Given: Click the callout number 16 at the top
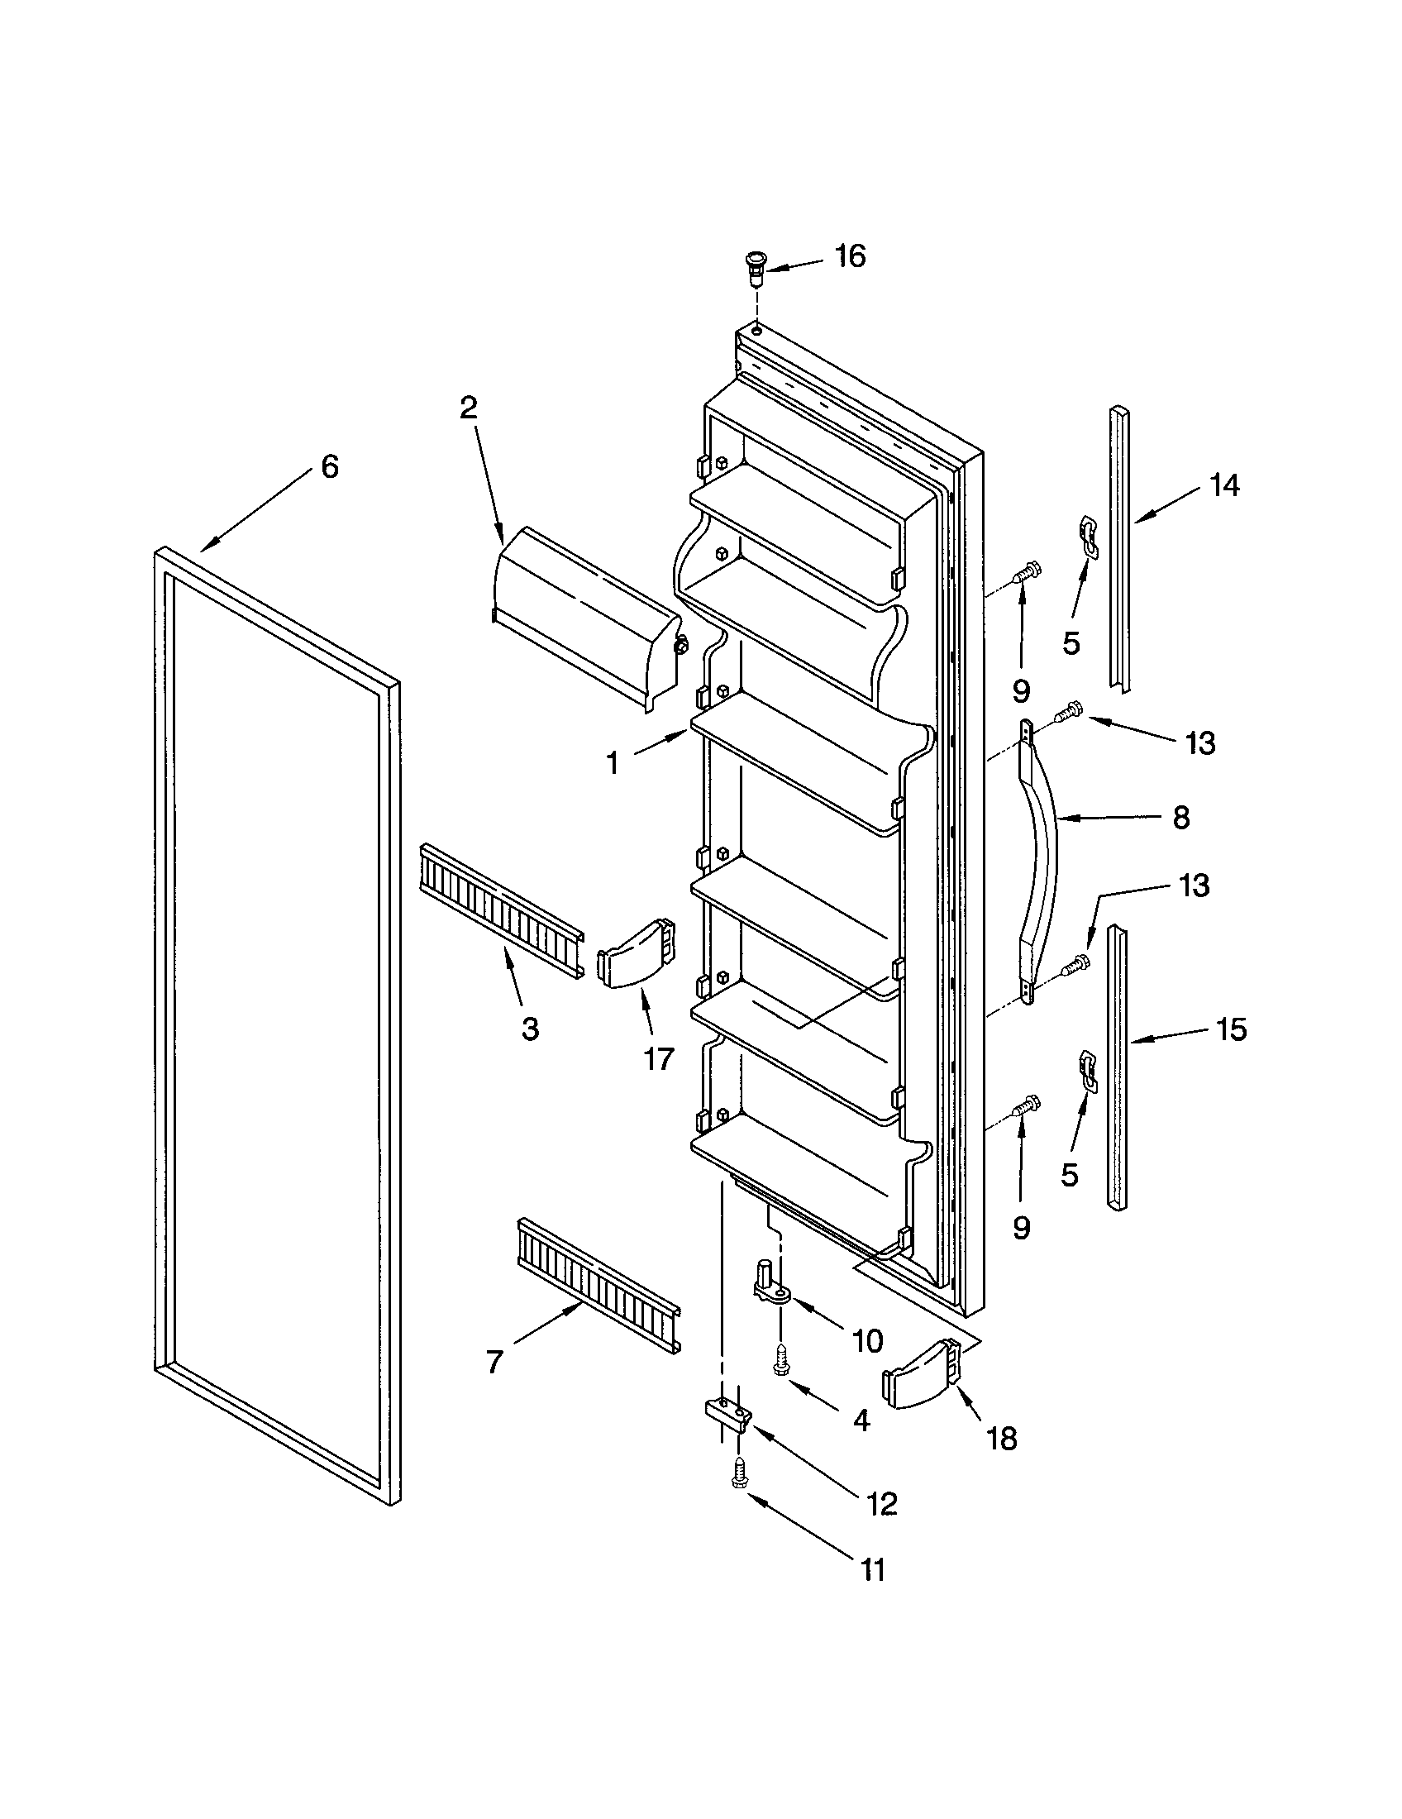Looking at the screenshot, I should [x=850, y=255].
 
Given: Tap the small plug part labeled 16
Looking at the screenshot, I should [x=754, y=268].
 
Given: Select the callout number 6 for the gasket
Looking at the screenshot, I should [x=330, y=467].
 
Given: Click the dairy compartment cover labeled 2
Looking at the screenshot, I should [x=583, y=615].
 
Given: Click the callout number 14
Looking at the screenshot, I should [x=1223, y=485].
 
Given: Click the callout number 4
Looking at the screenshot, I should [x=861, y=1420].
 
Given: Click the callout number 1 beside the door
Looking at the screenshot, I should [x=613, y=762].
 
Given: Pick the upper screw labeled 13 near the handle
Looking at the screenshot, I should [x=1068, y=713].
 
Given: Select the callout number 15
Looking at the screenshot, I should [x=1233, y=1030].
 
